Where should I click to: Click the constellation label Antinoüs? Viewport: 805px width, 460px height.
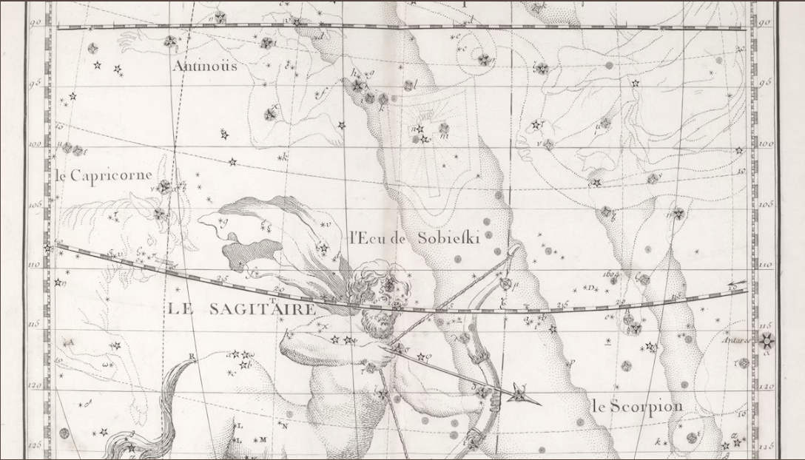pyautogui.click(x=205, y=66)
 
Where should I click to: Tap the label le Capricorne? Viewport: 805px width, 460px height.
pyautogui.click(x=104, y=176)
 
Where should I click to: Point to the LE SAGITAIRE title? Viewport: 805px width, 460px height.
pyautogui.click(x=238, y=309)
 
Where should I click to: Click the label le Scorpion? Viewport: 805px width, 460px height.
pyautogui.click(x=636, y=406)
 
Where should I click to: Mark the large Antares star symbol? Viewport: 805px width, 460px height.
pyautogui.click(x=767, y=340)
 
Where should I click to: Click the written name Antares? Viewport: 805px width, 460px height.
pyautogui.click(x=737, y=341)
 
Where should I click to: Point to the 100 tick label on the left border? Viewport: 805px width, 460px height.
pyautogui.click(x=35, y=143)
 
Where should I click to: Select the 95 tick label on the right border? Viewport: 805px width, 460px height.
pyautogui.click(x=766, y=83)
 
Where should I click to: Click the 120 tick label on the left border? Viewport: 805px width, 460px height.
pyautogui.click(x=35, y=385)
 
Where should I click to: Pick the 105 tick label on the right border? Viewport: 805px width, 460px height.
pyautogui.click(x=766, y=203)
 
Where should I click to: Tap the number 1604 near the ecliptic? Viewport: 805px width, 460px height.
pyautogui.click(x=610, y=274)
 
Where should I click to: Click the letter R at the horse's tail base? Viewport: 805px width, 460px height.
pyautogui.click(x=192, y=356)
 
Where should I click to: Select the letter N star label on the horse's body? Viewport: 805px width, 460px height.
pyautogui.click(x=284, y=425)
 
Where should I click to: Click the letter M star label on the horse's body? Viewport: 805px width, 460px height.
pyautogui.click(x=263, y=439)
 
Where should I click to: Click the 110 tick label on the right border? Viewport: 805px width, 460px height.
pyautogui.click(x=766, y=264)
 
